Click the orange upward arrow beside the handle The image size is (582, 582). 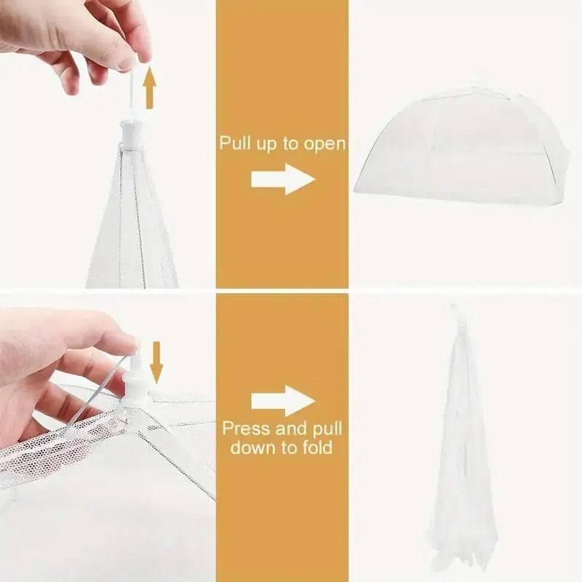[x=149, y=87]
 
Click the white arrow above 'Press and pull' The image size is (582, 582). [x=282, y=402]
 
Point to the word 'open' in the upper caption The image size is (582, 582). [x=324, y=143]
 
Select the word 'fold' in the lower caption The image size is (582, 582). [x=317, y=447]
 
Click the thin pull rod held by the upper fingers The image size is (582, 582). [x=130, y=91]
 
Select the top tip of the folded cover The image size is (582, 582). [x=455, y=309]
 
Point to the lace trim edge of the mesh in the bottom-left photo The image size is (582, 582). [x=44, y=444]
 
